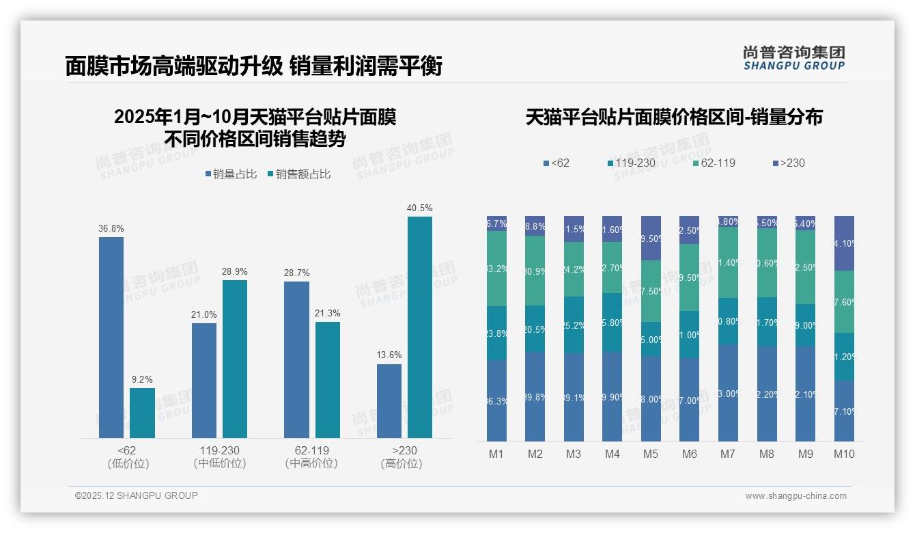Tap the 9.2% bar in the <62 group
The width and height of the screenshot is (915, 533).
pos(142,413)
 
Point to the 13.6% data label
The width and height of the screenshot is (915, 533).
pos(389,355)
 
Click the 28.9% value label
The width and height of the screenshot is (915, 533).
pos(235,271)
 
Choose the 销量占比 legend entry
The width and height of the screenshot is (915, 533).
pos(231,174)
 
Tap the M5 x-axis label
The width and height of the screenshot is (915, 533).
pos(651,454)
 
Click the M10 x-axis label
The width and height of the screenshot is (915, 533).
pos(844,454)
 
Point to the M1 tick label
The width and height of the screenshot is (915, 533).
pos(496,454)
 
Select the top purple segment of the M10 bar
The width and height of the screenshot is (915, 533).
pos(844,243)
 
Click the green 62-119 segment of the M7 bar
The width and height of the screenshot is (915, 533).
pos(728,262)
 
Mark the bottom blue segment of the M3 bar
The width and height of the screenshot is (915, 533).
pos(574,397)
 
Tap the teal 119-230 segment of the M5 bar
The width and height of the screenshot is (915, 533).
pos(651,339)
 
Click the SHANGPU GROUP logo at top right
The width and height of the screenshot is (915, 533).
pos(793,58)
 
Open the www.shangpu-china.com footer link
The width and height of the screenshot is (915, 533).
pos(796,496)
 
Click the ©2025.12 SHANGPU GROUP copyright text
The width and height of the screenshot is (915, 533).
pos(137,495)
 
